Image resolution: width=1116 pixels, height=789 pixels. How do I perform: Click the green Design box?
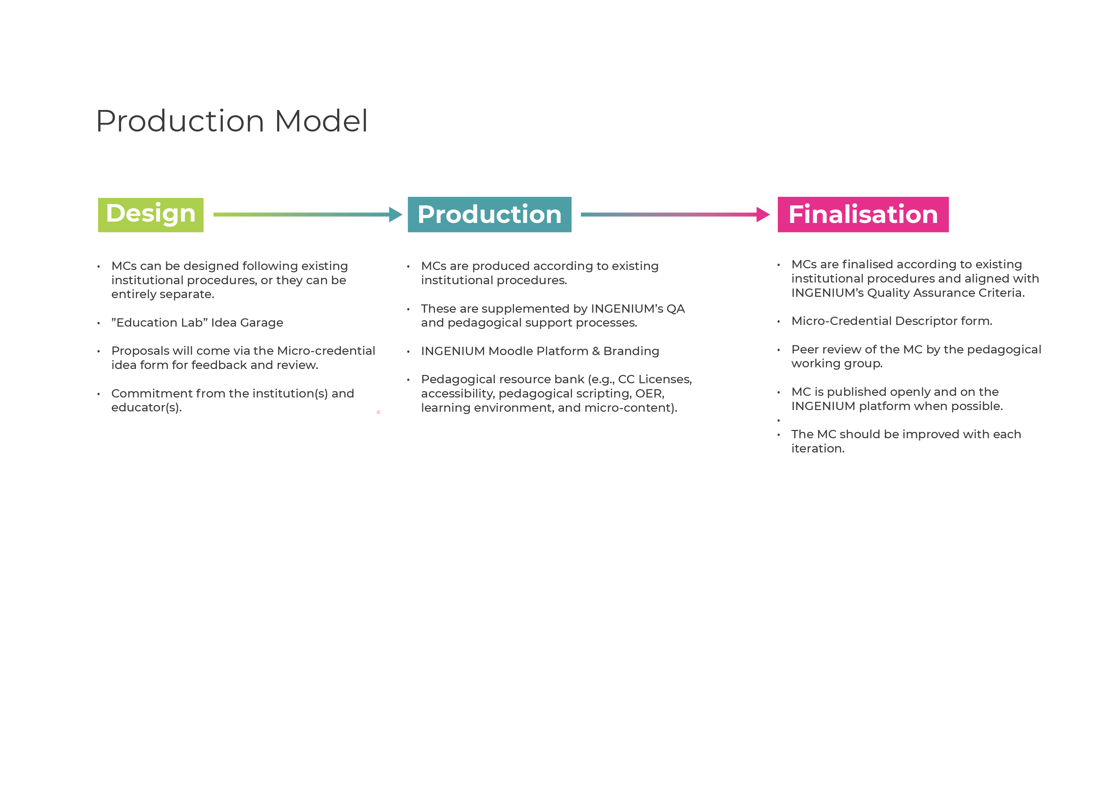click(x=151, y=215)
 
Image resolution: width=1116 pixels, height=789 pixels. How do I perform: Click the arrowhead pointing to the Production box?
click(x=396, y=214)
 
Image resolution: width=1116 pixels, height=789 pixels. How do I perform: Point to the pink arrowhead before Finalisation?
click(x=763, y=214)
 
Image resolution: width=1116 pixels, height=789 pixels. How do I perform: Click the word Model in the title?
click(x=321, y=121)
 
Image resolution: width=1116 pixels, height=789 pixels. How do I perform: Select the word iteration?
click(x=818, y=449)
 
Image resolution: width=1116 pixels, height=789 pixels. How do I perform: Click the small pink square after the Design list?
click(x=378, y=412)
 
